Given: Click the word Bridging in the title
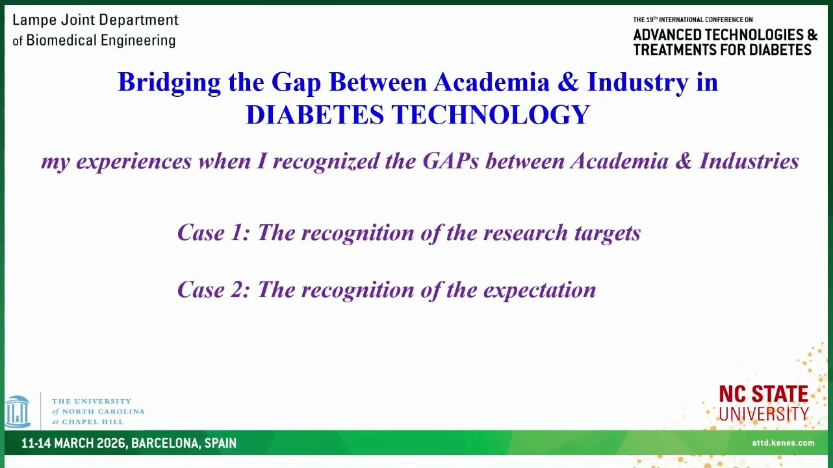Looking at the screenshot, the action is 169,83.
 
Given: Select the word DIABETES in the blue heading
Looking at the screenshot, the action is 314,114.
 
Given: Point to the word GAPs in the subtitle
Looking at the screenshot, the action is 451,161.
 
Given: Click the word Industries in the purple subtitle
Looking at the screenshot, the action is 749,161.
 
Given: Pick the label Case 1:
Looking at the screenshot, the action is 214,233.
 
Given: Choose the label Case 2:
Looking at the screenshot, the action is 214,289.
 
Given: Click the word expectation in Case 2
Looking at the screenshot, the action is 539,290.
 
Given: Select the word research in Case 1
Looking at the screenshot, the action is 526,233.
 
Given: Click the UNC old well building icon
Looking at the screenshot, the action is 18,411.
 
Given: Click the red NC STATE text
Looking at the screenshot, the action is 763,395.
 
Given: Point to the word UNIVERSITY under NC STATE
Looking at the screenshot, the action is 764,413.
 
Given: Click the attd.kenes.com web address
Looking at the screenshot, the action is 783,443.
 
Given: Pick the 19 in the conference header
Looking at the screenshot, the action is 650,19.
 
